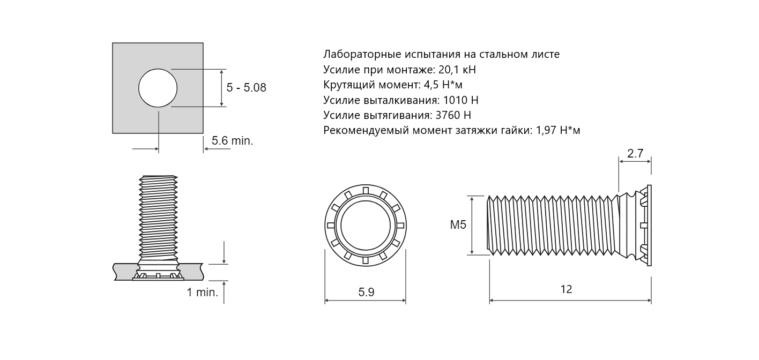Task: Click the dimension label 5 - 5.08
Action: [246, 88]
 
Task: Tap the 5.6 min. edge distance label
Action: [233, 140]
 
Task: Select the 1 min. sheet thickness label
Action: [203, 292]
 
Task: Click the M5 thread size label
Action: [458, 225]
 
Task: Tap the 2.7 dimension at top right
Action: [635, 154]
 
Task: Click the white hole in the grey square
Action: [158, 88]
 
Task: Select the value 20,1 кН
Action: [457, 70]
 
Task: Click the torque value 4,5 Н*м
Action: [443, 85]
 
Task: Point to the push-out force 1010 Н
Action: [460, 100]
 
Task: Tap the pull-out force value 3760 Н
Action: [453, 116]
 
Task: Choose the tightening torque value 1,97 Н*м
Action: [558, 130]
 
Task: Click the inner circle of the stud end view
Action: [366, 226]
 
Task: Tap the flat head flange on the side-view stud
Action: [649, 225]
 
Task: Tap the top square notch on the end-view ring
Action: [366, 190]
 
